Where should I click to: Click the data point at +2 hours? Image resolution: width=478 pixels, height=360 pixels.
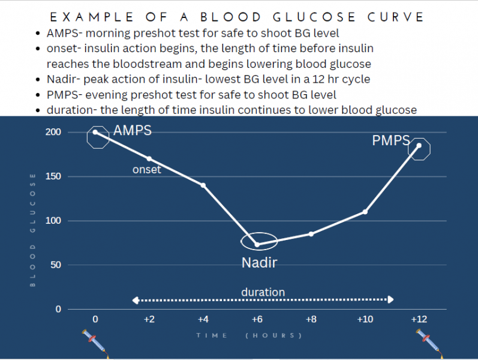click(x=149, y=159)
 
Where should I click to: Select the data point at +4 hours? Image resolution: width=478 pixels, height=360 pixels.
click(x=203, y=185)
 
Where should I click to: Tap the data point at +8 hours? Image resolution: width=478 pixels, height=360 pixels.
click(x=311, y=234)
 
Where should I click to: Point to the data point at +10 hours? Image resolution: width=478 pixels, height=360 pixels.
click(x=365, y=212)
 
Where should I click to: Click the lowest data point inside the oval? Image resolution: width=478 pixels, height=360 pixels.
click(x=257, y=244)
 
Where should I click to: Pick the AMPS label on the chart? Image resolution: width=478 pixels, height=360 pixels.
click(x=133, y=131)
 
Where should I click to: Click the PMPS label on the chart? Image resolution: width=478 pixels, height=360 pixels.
click(x=391, y=141)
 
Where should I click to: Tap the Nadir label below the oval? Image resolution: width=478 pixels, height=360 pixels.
click(x=259, y=263)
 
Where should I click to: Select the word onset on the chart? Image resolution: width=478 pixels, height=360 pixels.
click(x=147, y=170)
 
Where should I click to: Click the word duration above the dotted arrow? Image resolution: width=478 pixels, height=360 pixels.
click(x=263, y=292)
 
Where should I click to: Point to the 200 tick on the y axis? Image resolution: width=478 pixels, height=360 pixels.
click(x=54, y=132)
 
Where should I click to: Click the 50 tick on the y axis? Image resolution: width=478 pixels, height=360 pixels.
click(x=56, y=265)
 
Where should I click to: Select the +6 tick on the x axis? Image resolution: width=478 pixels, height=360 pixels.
click(x=257, y=319)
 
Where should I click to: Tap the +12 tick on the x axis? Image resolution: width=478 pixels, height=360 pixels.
click(x=419, y=319)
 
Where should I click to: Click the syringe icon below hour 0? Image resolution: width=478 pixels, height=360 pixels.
click(x=94, y=341)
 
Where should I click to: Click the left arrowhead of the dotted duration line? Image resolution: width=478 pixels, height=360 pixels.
click(x=136, y=299)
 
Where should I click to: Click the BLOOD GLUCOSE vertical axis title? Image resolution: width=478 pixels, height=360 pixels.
click(x=33, y=229)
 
